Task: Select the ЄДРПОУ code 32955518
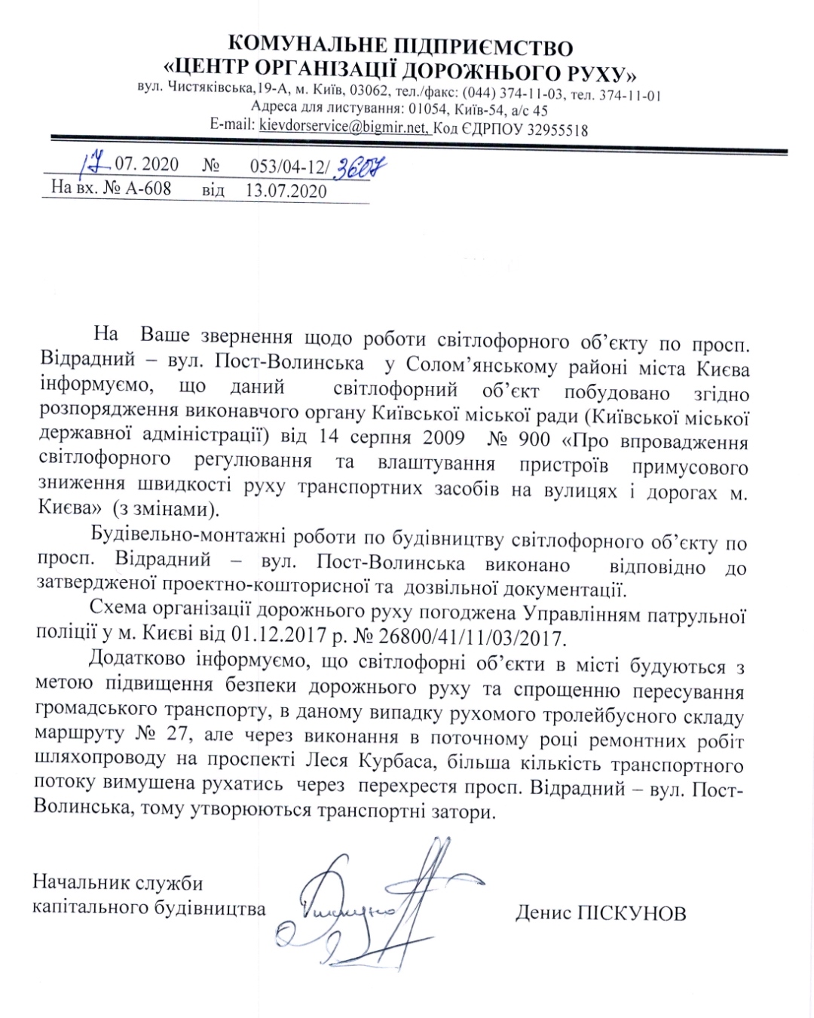(x=557, y=129)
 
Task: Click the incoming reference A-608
(x=148, y=188)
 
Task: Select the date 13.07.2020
(x=286, y=190)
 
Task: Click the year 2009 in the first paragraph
(x=443, y=438)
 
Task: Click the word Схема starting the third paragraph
(x=118, y=609)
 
